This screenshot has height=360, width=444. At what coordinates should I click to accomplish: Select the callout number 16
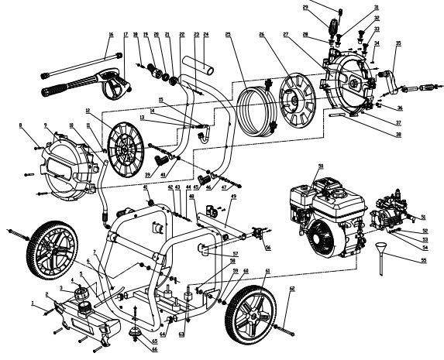(111, 35)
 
